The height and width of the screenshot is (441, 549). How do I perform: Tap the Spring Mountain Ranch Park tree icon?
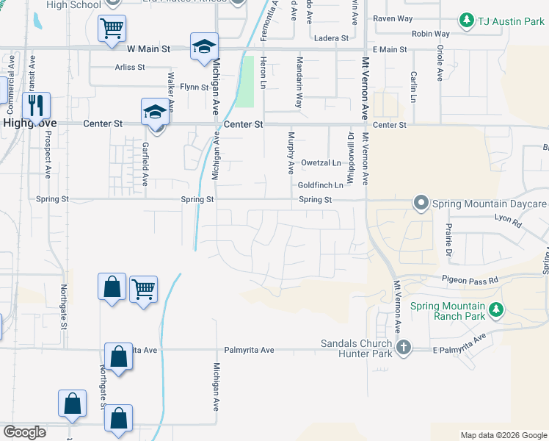pyautogui.click(x=497, y=310)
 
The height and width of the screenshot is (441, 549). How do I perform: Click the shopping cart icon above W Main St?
pyautogui.click(x=112, y=29)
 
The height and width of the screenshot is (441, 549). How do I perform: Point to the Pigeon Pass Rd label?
pyautogui.click(x=470, y=280)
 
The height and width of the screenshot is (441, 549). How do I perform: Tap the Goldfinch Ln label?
pyautogui.click(x=320, y=185)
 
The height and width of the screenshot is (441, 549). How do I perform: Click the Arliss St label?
pyautogui.click(x=130, y=67)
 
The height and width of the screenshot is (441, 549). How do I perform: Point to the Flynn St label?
pyautogui.click(x=194, y=87)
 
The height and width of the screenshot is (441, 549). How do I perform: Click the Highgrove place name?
pyautogui.click(x=29, y=124)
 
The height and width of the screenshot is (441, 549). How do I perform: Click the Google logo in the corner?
pyautogui.click(x=25, y=432)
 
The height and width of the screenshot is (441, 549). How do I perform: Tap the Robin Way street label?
pyautogui.click(x=430, y=34)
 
